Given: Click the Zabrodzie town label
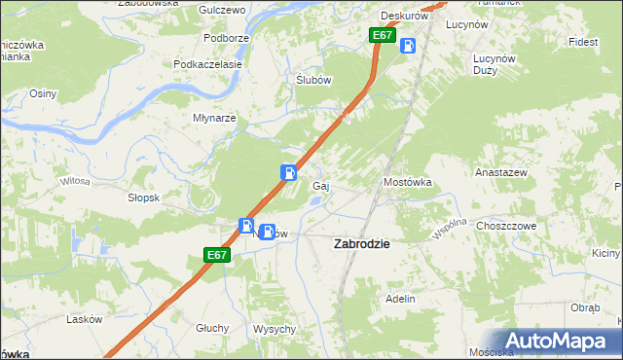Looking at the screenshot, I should pyautogui.click(x=362, y=244).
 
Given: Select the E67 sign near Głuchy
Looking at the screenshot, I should pyautogui.click(x=217, y=255).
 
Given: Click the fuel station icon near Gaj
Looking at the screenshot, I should pyautogui.click(x=290, y=172).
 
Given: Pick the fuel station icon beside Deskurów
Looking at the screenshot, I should pyautogui.click(x=409, y=45).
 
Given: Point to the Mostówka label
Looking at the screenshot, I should pyautogui.click(x=407, y=182).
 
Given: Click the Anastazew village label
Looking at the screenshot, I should pyautogui.click(x=501, y=171).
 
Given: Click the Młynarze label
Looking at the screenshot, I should pyautogui.click(x=214, y=118).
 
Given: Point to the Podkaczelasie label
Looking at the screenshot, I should pyautogui.click(x=207, y=63).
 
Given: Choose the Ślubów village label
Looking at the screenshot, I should pyautogui.click(x=314, y=81).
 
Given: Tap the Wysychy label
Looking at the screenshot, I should pyautogui.click(x=275, y=329).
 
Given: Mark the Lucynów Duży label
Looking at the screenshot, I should pyautogui.click(x=493, y=64).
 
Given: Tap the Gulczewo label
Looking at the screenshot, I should pyautogui.click(x=220, y=9).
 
